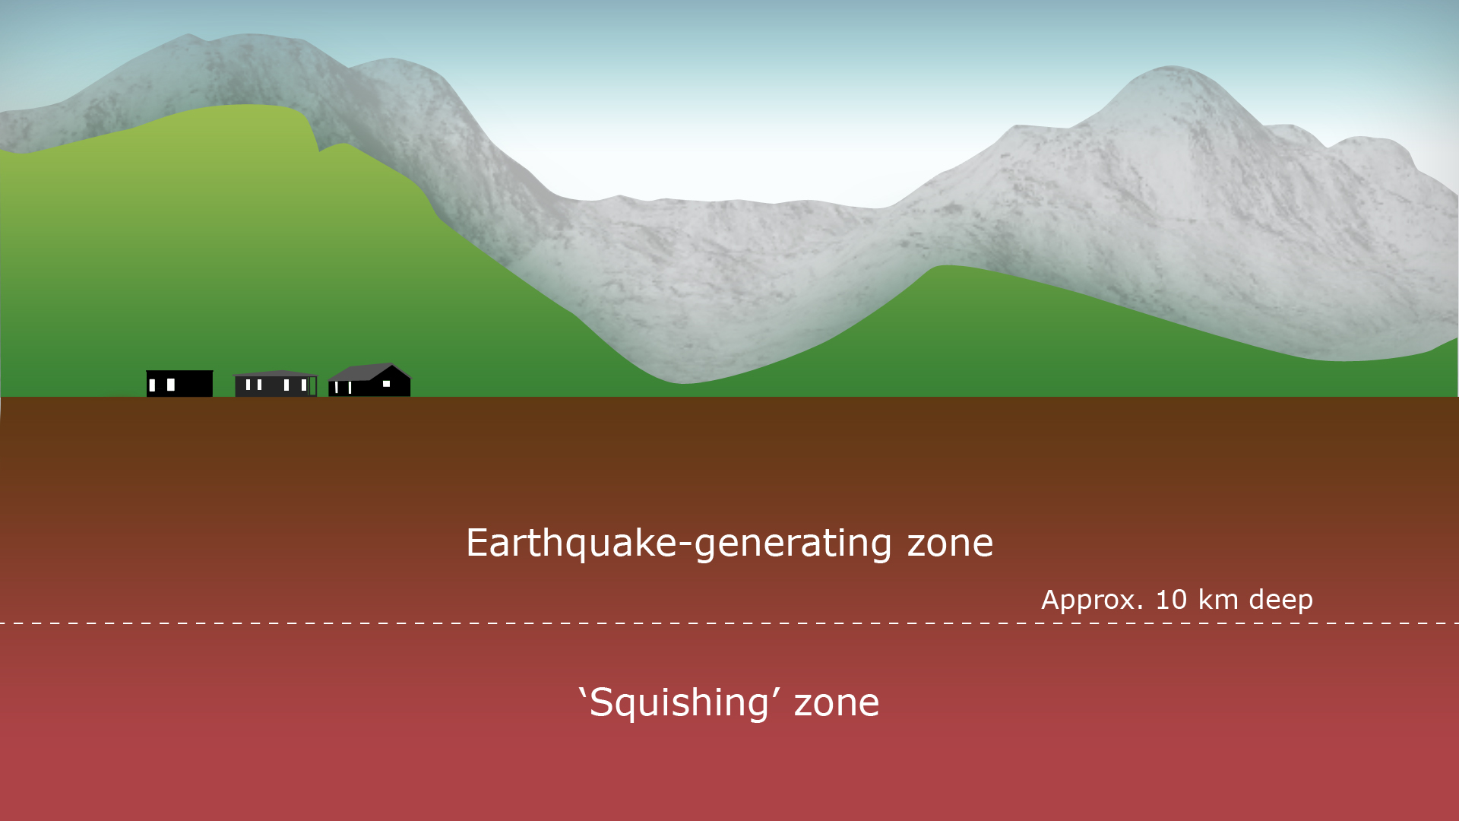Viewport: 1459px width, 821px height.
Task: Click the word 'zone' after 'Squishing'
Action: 837,703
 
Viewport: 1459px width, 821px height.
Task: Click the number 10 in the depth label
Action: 1171,600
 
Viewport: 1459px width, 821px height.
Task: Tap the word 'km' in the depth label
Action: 1218,600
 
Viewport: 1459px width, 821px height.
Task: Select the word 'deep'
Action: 1280,601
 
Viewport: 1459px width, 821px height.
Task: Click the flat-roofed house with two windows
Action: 179,383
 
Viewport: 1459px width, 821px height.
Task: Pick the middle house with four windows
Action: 275,384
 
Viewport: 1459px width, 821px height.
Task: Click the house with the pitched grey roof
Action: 369,380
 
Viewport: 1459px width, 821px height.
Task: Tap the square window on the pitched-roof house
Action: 386,384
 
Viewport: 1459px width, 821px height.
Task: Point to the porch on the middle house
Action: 312,386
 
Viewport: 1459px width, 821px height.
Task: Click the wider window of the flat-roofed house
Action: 171,385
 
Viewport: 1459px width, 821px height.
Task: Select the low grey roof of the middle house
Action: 275,373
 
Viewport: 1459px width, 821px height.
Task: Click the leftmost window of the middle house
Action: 248,385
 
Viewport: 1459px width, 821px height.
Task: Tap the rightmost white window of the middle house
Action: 303,385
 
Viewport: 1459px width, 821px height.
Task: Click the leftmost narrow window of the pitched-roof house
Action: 337,388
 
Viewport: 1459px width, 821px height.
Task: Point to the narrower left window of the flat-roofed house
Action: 152,385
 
